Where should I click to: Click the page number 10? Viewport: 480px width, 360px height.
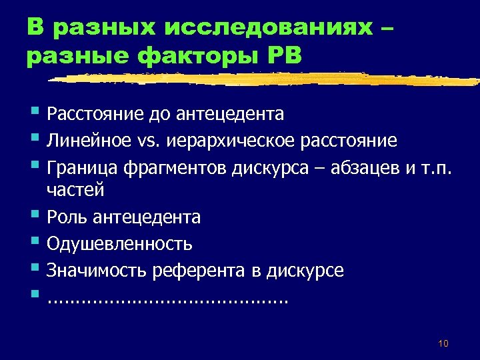click(443, 343)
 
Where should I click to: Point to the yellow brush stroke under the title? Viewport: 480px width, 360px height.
click(267, 79)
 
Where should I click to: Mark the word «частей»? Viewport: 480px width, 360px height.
click(75, 191)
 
